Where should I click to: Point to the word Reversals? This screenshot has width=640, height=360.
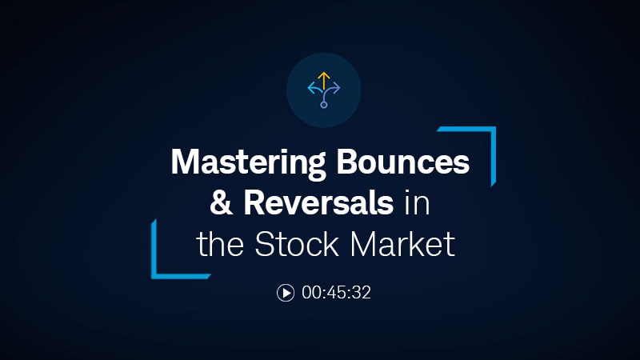(x=319, y=203)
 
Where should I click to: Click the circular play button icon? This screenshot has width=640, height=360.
(x=286, y=293)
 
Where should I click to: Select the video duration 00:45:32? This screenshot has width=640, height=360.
(x=336, y=293)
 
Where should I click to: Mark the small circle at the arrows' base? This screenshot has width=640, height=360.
(x=323, y=104)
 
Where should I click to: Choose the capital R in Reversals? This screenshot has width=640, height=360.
(x=254, y=203)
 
